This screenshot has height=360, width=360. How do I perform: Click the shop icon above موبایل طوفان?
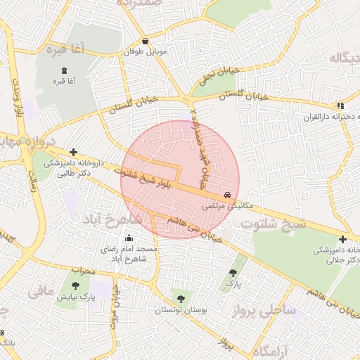pyautogui.click(x=145, y=41)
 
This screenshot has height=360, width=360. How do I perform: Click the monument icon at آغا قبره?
pyautogui.click(x=65, y=70)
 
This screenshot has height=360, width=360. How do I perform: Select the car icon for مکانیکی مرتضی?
pyautogui.click(x=226, y=195)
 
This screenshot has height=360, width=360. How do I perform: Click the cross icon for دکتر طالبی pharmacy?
pyautogui.click(x=73, y=151)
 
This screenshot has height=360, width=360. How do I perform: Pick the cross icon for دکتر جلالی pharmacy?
pyautogui.click(x=342, y=240)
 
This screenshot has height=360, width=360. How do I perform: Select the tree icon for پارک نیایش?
pyautogui.click(x=75, y=285)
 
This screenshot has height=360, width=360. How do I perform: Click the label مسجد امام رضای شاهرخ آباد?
pyautogui.click(x=130, y=255)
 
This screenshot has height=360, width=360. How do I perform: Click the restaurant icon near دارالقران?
pyautogui.click(x=340, y=105)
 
